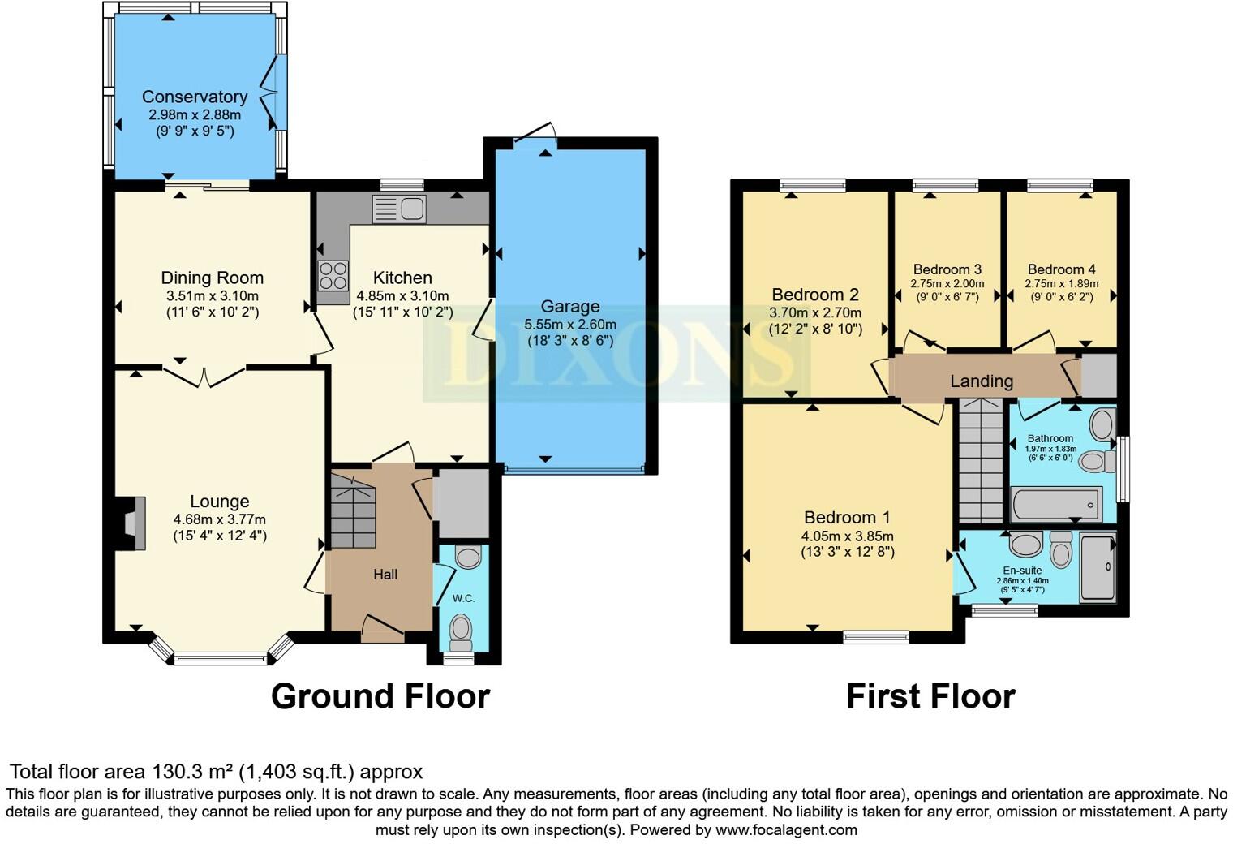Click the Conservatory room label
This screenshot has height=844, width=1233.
coord(195,97)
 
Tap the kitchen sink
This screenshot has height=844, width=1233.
coord(399,209)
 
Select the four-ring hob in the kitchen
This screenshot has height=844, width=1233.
coord(333,275)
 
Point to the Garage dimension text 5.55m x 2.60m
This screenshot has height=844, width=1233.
coord(570,324)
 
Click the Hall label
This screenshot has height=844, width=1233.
coord(385,575)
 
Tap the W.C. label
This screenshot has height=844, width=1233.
coord(463,598)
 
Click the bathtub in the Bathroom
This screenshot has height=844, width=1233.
coord(1055,505)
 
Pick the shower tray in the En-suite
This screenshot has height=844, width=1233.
coord(1098,568)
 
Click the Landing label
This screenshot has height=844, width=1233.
coord(982,381)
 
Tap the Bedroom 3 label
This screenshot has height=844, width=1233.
coord(947,269)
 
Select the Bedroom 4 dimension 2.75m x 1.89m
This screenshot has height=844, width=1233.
coord(1062,284)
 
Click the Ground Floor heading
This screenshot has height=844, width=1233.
coord(380,696)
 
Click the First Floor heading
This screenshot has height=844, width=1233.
coord(930,696)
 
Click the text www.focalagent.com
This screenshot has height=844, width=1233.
coord(785,830)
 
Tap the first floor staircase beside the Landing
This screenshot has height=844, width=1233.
coord(981,463)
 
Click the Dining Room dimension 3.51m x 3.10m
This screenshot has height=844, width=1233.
coord(213,296)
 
